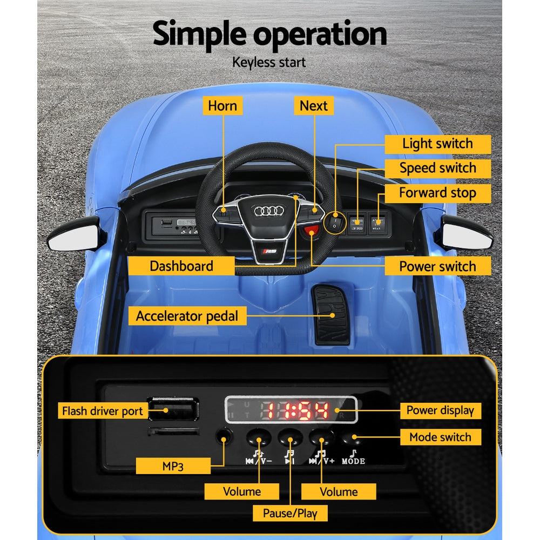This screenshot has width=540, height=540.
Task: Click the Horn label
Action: pos(222,105)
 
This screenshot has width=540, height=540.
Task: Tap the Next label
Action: pos(314,105)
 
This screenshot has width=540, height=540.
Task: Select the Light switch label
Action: pos(437,144)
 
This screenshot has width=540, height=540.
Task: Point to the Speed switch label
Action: pos(437,168)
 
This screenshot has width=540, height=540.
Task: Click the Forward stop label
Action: pos(437,193)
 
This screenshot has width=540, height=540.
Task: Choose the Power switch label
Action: pos(437,266)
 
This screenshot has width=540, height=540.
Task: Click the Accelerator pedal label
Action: pos(187,316)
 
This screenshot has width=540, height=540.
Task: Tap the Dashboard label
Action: pos(181,266)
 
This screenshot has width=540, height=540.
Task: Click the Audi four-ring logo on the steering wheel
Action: pos(268,211)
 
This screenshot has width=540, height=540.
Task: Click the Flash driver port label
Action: pos(102,411)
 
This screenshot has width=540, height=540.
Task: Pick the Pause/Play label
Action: pos(290,513)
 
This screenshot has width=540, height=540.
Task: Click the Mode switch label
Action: pos(440,437)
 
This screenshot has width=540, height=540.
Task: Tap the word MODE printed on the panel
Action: pos(354,461)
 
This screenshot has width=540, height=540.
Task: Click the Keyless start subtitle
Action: pos(269,62)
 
